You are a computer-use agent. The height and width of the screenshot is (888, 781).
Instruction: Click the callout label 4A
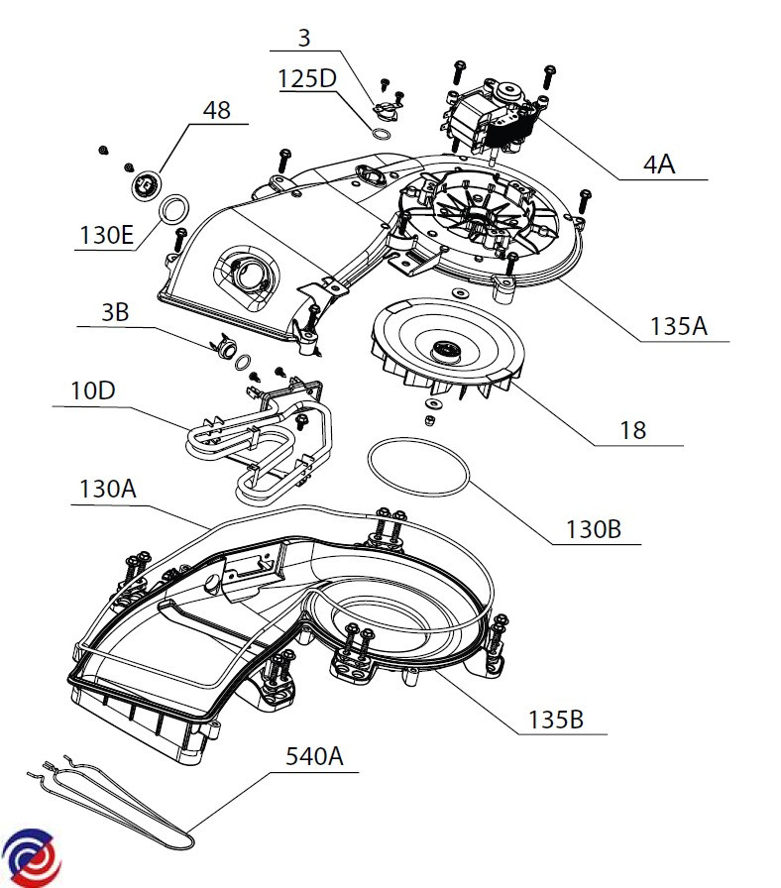click(x=658, y=164)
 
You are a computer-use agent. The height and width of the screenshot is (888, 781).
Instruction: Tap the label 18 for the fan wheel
click(x=632, y=429)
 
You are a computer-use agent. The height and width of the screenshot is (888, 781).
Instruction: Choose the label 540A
click(x=314, y=757)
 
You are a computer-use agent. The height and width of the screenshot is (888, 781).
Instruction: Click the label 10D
click(x=92, y=390)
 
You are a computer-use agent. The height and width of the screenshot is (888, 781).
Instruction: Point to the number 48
click(x=216, y=109)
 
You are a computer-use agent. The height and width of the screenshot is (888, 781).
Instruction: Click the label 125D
click(x=307, y=78)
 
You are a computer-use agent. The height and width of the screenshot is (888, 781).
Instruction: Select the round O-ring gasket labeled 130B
click(x=417, y=468)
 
